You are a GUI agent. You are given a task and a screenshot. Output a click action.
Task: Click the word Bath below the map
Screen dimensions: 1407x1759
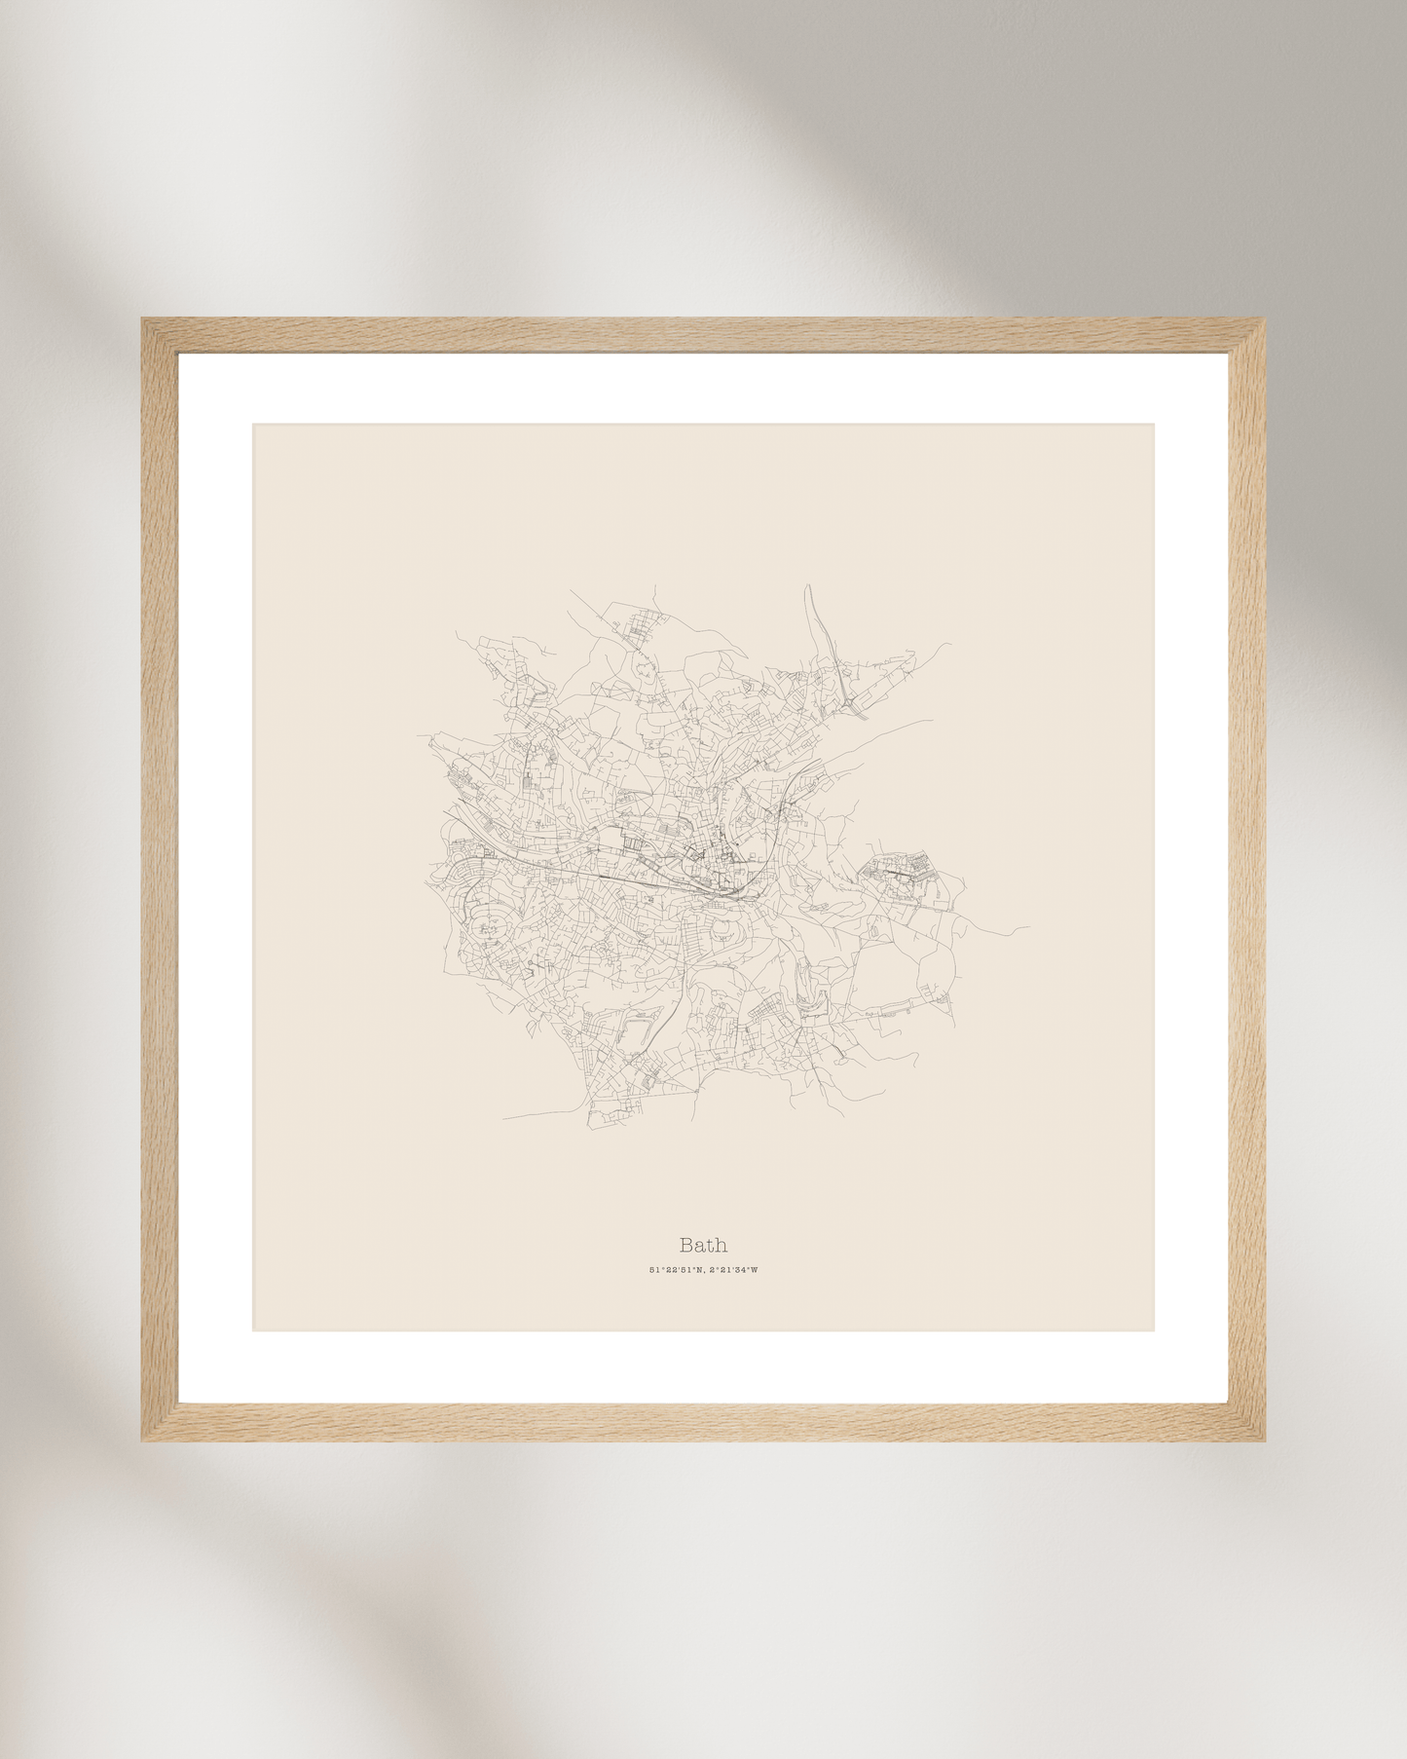coord(703,1245)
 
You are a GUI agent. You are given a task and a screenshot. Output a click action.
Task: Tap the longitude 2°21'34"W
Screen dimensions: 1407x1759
coord(731,1270)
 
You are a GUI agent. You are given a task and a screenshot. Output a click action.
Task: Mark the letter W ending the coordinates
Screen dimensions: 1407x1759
coord(754,1270)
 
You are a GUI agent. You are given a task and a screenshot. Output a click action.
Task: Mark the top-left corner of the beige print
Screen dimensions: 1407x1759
coord(254,425)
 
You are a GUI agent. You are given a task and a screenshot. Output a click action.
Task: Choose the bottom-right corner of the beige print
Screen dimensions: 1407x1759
coord(1154,1329)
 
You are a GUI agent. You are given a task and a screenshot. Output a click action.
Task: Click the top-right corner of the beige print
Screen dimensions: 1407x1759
coord(1154,425)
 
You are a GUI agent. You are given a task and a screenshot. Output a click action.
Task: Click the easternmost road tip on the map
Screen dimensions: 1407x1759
coord(1028,927)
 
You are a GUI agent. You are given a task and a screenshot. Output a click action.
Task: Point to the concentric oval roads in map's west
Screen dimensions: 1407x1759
coord(483,920)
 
